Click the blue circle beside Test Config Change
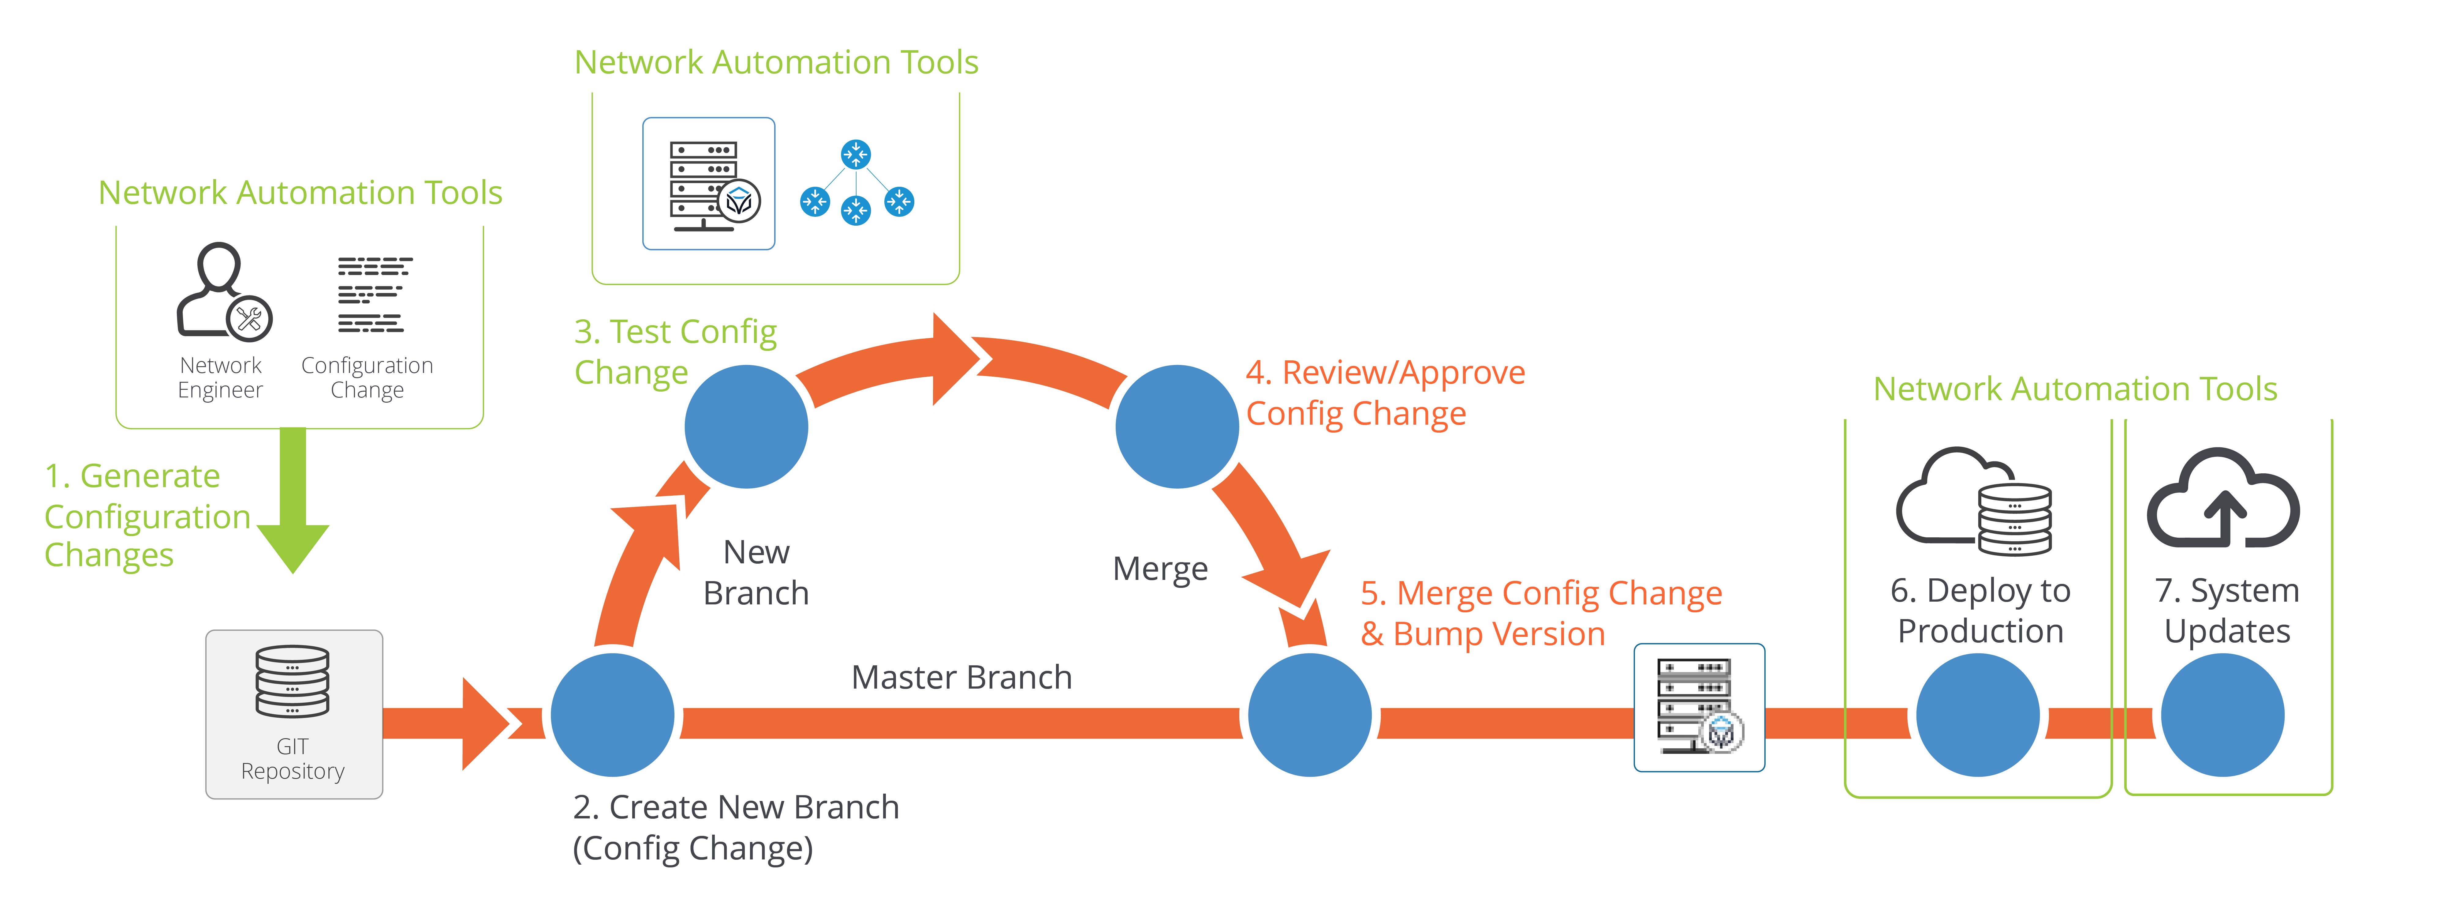746,427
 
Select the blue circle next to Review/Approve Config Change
1177,427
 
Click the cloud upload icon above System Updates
2223,499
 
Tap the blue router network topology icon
856,182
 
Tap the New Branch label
756,572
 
